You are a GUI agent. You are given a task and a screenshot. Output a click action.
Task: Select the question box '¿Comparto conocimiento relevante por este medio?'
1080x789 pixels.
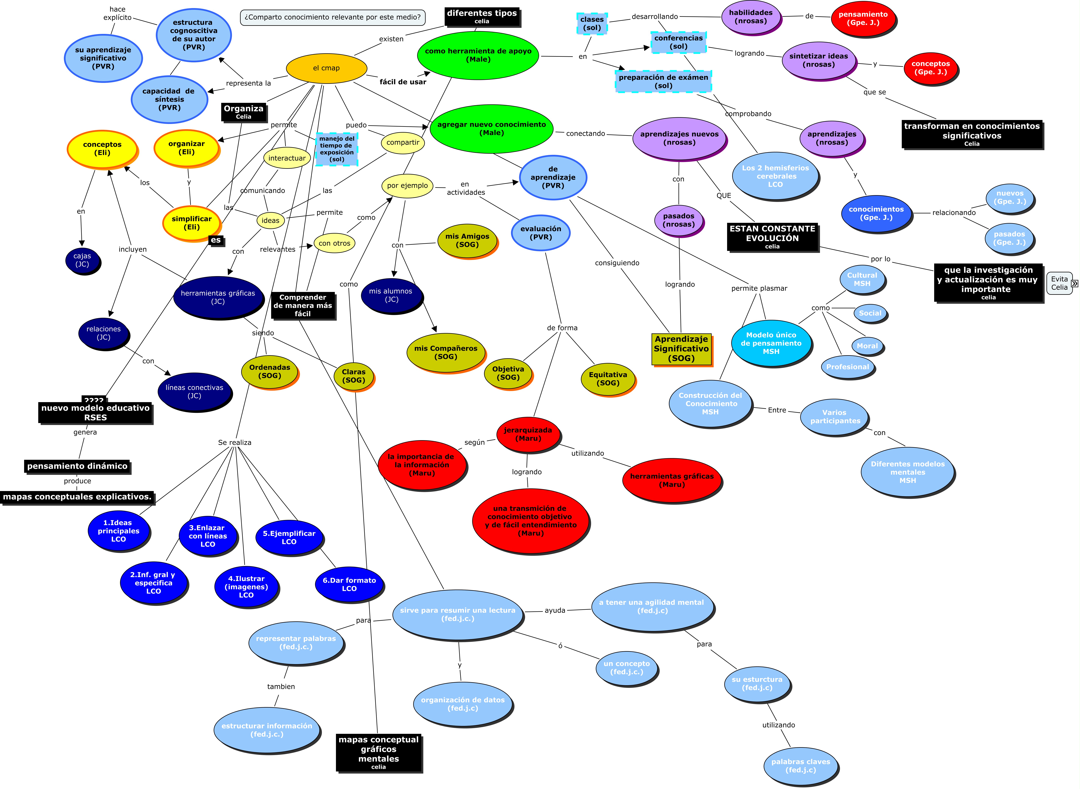coord(332,17)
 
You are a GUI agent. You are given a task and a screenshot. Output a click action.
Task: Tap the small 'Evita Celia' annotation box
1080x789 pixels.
coord(1059,283)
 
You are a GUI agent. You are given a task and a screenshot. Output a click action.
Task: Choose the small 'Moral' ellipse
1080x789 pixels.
coord(867,346)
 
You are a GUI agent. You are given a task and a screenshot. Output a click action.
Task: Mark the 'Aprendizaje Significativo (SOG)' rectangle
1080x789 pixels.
coord(681,349)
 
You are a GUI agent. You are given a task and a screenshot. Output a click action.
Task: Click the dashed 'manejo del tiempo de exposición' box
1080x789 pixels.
coord(337,149)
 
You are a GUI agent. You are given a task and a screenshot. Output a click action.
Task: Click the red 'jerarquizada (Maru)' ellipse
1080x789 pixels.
coord(528,434)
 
